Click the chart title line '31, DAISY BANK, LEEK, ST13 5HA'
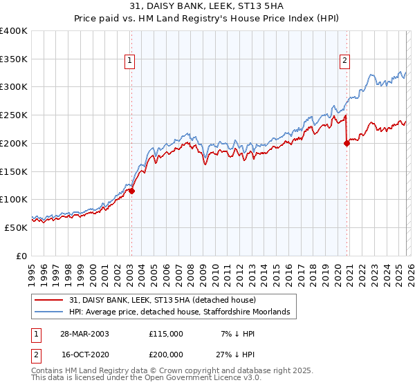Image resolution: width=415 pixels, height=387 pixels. coord(207,6)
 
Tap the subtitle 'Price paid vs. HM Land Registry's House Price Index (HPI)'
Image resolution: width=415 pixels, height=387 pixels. coord(207,19)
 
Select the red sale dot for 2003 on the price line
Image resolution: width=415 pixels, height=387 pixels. coord(131,191)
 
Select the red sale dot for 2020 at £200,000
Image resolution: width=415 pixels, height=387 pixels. coord(347,143)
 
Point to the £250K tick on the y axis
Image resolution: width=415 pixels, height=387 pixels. coord(14,115)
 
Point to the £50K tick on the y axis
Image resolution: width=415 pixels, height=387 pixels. coord(17,227)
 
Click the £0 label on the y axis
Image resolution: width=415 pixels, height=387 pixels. coord(22,255)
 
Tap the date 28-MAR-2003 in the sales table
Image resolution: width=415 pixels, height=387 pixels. coord(84,334)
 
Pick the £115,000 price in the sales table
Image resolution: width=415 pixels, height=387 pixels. coord(165,334)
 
